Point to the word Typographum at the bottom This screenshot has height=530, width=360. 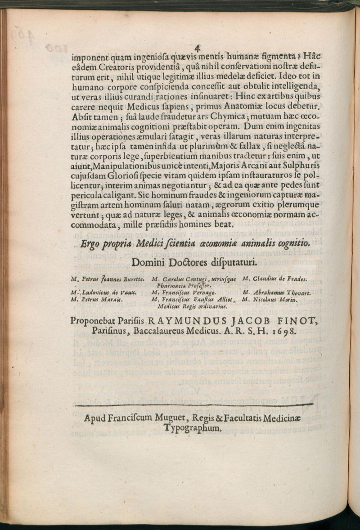[x=193, y=429]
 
